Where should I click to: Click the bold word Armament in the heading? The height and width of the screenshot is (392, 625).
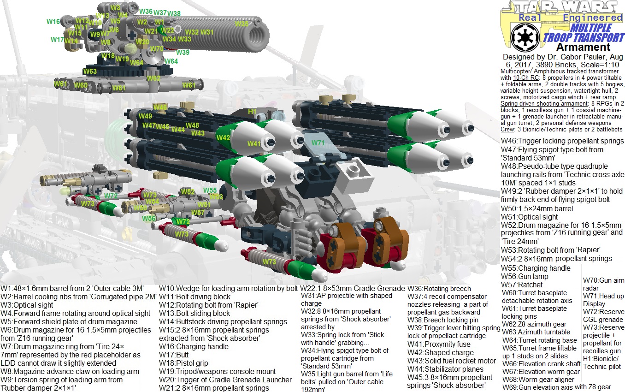pos(583,47)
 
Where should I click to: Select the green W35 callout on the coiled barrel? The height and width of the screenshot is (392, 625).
pos(242,24)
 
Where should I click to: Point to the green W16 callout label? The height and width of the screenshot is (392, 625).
pos(53,22)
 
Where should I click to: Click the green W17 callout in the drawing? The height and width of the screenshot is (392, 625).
pos(57,40)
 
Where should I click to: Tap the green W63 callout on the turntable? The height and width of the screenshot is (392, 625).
pos(90,71)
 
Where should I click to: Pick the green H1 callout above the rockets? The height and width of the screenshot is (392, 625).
pos(252,111)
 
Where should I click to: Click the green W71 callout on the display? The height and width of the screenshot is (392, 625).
pos(318,143)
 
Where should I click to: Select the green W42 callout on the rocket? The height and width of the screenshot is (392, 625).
pos(223,137)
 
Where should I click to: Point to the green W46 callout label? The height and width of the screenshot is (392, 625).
pos(160,107)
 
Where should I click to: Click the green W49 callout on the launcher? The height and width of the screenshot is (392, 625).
pos(145,116)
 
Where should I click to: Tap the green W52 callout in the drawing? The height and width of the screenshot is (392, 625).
pos(188,191)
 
